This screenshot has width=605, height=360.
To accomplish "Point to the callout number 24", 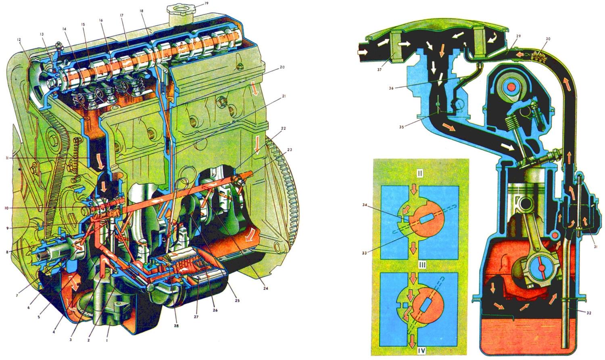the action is [x=266, y=288].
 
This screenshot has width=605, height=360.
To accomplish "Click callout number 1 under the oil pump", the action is [x=107, y=341].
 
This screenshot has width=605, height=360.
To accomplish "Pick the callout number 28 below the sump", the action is [x=176, y=326].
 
